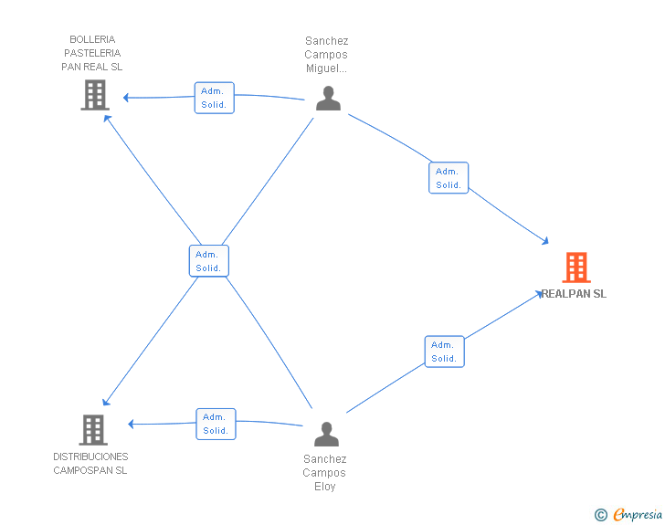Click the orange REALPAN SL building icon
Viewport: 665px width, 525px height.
[576, 268]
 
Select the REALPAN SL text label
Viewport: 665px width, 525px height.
[574, 294]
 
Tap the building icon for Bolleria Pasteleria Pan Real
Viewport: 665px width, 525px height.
[95, 96]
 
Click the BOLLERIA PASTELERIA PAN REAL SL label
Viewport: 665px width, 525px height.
[92, 53]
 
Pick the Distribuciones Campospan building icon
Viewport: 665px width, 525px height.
[93, 429]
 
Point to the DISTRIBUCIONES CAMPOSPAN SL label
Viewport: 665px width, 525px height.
[90, 464]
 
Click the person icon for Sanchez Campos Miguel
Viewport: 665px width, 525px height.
[328, 98]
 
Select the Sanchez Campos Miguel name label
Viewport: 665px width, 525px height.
[326, 55]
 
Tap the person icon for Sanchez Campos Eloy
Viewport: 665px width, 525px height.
[327, 434]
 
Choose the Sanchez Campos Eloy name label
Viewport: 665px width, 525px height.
[324, 473]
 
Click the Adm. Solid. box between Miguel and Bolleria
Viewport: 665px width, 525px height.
[214, 98]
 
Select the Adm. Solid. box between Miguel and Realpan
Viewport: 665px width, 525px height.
[449, 178]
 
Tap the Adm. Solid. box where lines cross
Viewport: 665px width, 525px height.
[209, 261]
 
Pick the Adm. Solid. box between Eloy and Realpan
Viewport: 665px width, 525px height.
[445, 352]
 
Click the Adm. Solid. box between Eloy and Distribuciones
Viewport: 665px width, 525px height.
[216, 424]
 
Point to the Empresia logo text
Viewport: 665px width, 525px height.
[638, 514]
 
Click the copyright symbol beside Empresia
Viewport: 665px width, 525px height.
[600, 515]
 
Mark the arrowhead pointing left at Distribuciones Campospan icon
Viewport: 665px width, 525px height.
[131, 424]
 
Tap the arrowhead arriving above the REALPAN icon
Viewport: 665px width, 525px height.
[545, 241]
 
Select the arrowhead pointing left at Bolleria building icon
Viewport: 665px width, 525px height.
[126, 98]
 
